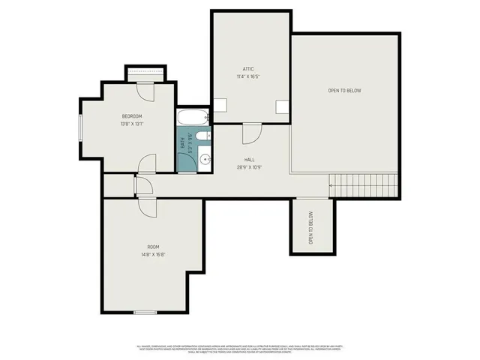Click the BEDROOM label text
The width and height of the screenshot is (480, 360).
pos(132,116)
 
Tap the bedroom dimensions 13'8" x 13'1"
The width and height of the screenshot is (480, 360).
pos(132,124)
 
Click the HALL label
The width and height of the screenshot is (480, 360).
pos(249,160)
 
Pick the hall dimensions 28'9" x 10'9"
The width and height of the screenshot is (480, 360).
pos(249,167)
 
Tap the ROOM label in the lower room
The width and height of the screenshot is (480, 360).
pos(153,247)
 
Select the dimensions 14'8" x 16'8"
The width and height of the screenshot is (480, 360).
pos(153,255)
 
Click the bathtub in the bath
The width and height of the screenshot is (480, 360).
pos(193,118)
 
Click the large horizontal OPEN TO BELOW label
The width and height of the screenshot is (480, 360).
pos(344,91)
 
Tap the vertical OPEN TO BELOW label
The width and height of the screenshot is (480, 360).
pos(311,226)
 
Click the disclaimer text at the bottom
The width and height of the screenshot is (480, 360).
pos(239,349)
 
